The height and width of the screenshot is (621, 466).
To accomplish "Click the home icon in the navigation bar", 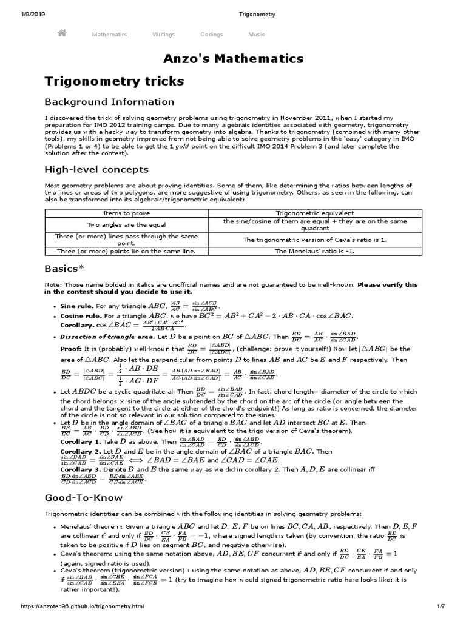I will (x=61, y=34).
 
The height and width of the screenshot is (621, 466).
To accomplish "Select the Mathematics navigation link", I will (x=109, y=35).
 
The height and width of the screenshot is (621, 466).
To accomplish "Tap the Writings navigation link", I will (x=164, y=35).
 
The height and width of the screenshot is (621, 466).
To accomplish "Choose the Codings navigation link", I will (x=212, y=35).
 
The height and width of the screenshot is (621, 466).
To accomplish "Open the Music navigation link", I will (x=257, y=35).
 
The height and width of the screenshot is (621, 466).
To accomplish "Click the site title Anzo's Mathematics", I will (x=233, y=59).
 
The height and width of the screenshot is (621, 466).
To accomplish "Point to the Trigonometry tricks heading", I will (x=114, y=81).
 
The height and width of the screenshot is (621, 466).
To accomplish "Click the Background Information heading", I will (x=109, y=102).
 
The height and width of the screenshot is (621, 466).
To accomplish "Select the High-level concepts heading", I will (x=96, y=169).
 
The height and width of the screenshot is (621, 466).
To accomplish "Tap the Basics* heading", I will (x=64, y=268).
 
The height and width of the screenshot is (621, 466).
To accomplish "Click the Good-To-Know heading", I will (x=84, y=498).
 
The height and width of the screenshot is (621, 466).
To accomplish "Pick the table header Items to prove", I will (x=126, y=213).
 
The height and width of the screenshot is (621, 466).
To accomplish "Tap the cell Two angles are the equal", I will (x=126, y=224).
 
